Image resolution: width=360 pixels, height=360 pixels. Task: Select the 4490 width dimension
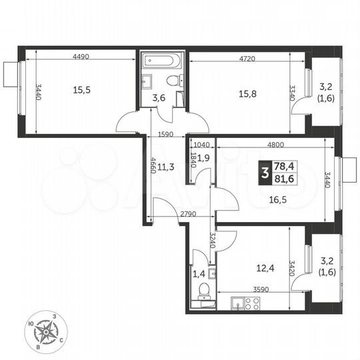pos(82,56)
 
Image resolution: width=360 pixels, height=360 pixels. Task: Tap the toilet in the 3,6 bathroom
pos(174,81)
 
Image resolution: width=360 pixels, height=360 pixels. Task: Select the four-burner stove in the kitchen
pos(252,303)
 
